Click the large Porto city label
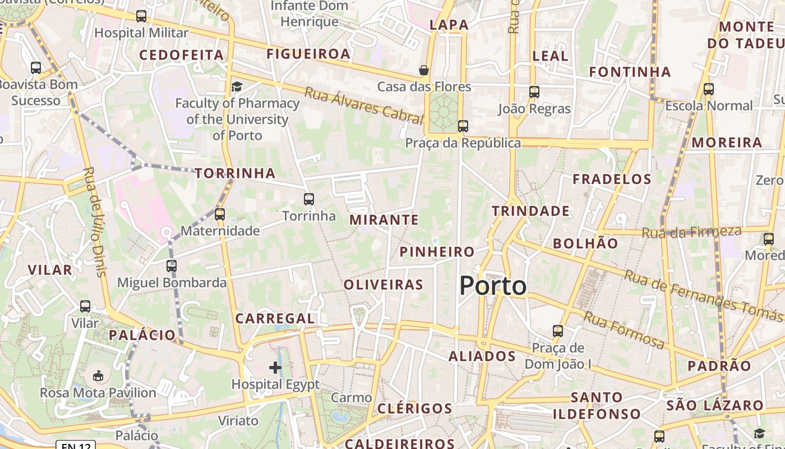coord(493,286)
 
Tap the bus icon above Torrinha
coord(308,199)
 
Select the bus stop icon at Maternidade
coord(220,214)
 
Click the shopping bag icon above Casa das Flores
coord(424,70)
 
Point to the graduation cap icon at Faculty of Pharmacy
coord(237,86)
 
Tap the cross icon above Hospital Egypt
coord(275,368)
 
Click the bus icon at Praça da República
coord(463,126)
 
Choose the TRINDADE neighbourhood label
coord(530,211)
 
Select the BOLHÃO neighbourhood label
coord(585,244)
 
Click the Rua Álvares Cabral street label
coord(363,105)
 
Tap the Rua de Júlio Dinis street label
coord(94,222)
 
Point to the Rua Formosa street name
coord(624,329)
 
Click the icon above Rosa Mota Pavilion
coord(98,375)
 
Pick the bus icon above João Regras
coord(534,92)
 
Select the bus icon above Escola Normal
coord(709,89)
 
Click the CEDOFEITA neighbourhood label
coord(181,55)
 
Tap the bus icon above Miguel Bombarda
coord(172,266)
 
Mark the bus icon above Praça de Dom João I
coord(557,331)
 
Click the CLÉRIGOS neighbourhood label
coord(414,409)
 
